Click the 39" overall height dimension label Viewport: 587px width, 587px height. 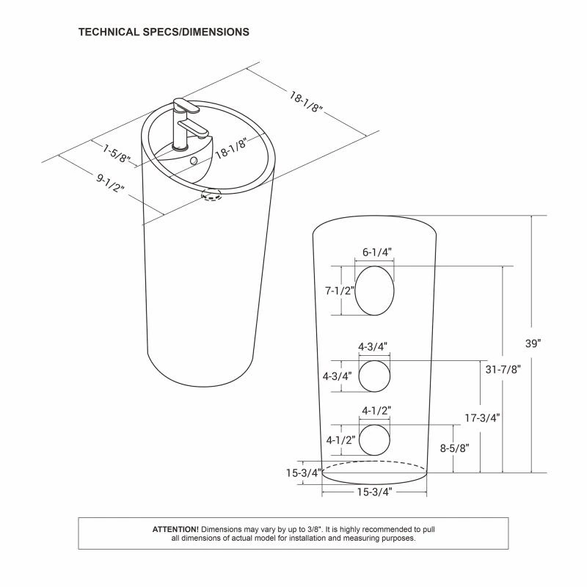point(533,343)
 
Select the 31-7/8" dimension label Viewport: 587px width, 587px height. point(503,370)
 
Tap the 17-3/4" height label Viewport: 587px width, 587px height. point(483,418)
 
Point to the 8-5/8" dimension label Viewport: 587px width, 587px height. point(455,448)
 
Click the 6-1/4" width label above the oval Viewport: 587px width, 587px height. point(377,252)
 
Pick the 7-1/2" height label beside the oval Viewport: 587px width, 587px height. point(340,291)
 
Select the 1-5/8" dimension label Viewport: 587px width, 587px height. point(117,153)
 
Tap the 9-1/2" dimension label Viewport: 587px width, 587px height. point(110,183)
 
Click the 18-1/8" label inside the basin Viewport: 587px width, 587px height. point(232,148)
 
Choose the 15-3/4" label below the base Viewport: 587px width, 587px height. point(374,492)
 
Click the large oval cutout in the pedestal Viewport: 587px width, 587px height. point(374,291)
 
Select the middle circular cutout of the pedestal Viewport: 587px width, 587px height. point(374,376)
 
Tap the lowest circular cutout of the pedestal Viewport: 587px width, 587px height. point(374,440)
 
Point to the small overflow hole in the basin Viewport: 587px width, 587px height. point(194,161)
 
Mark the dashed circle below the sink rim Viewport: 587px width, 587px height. point(211,195)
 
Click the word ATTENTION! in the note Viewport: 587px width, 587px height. point(175,529)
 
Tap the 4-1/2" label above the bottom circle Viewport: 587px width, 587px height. point(376,411)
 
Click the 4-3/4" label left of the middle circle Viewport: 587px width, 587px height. point(338,376)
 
